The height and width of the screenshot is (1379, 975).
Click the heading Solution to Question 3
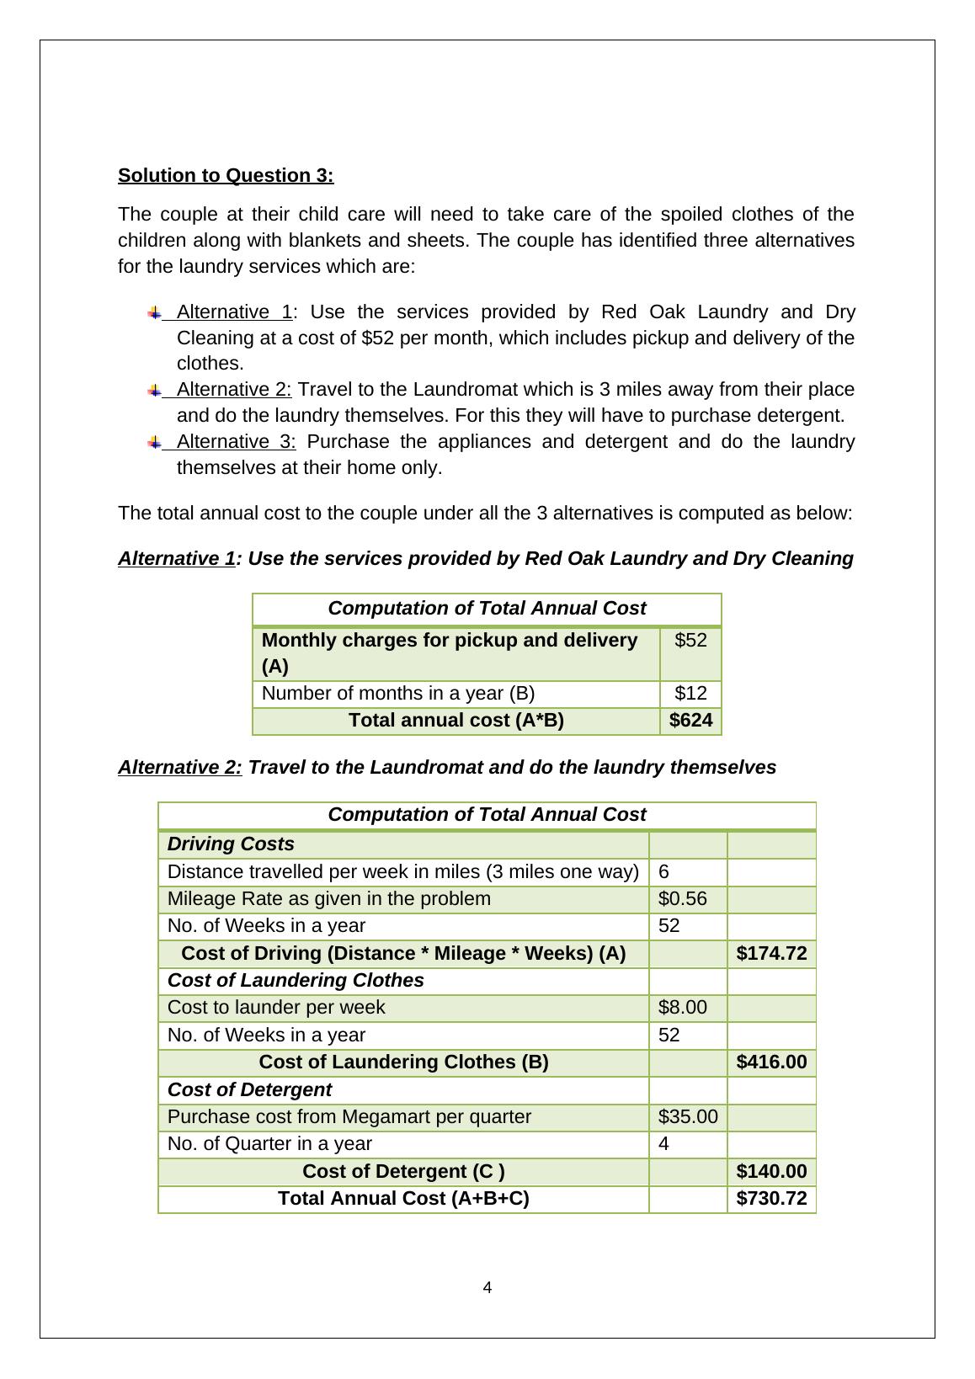click(x=226, y=175)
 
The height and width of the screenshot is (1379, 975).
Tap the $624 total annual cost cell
click(x=690, y=721)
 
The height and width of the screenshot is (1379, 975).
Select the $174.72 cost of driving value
click(x=771, y=953)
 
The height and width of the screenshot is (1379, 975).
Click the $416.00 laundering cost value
click(x=771, y=1062)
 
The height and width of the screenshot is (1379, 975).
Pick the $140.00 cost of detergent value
click(x=771, y=1171)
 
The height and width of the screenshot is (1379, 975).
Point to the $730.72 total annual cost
click(x=771, y=1198)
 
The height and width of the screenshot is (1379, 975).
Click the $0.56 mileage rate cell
click(x=682, y=898)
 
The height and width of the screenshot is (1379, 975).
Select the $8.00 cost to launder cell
click(x=682, y=1007)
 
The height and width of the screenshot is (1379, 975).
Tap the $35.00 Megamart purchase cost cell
click(x=687, y=1116)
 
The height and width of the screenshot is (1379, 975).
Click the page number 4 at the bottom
click(x=487, y=1287)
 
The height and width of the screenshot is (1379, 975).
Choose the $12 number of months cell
click(x=690, y=694)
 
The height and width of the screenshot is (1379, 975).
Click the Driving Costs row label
click(x=231, y=844)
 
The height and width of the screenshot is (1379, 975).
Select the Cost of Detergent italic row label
click(x=249, y=1089)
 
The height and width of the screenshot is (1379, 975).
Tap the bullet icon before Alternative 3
click(x=154, y=442)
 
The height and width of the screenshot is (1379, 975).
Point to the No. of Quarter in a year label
click(x=269, y=1143)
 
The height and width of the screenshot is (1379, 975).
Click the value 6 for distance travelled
click(x=663, y=871)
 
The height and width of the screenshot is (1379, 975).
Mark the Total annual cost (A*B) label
click(x=456, y=721)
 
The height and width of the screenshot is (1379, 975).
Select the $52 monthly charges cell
click(x=690, y=641)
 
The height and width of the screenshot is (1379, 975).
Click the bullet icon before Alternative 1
click(x=154, y=312)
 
